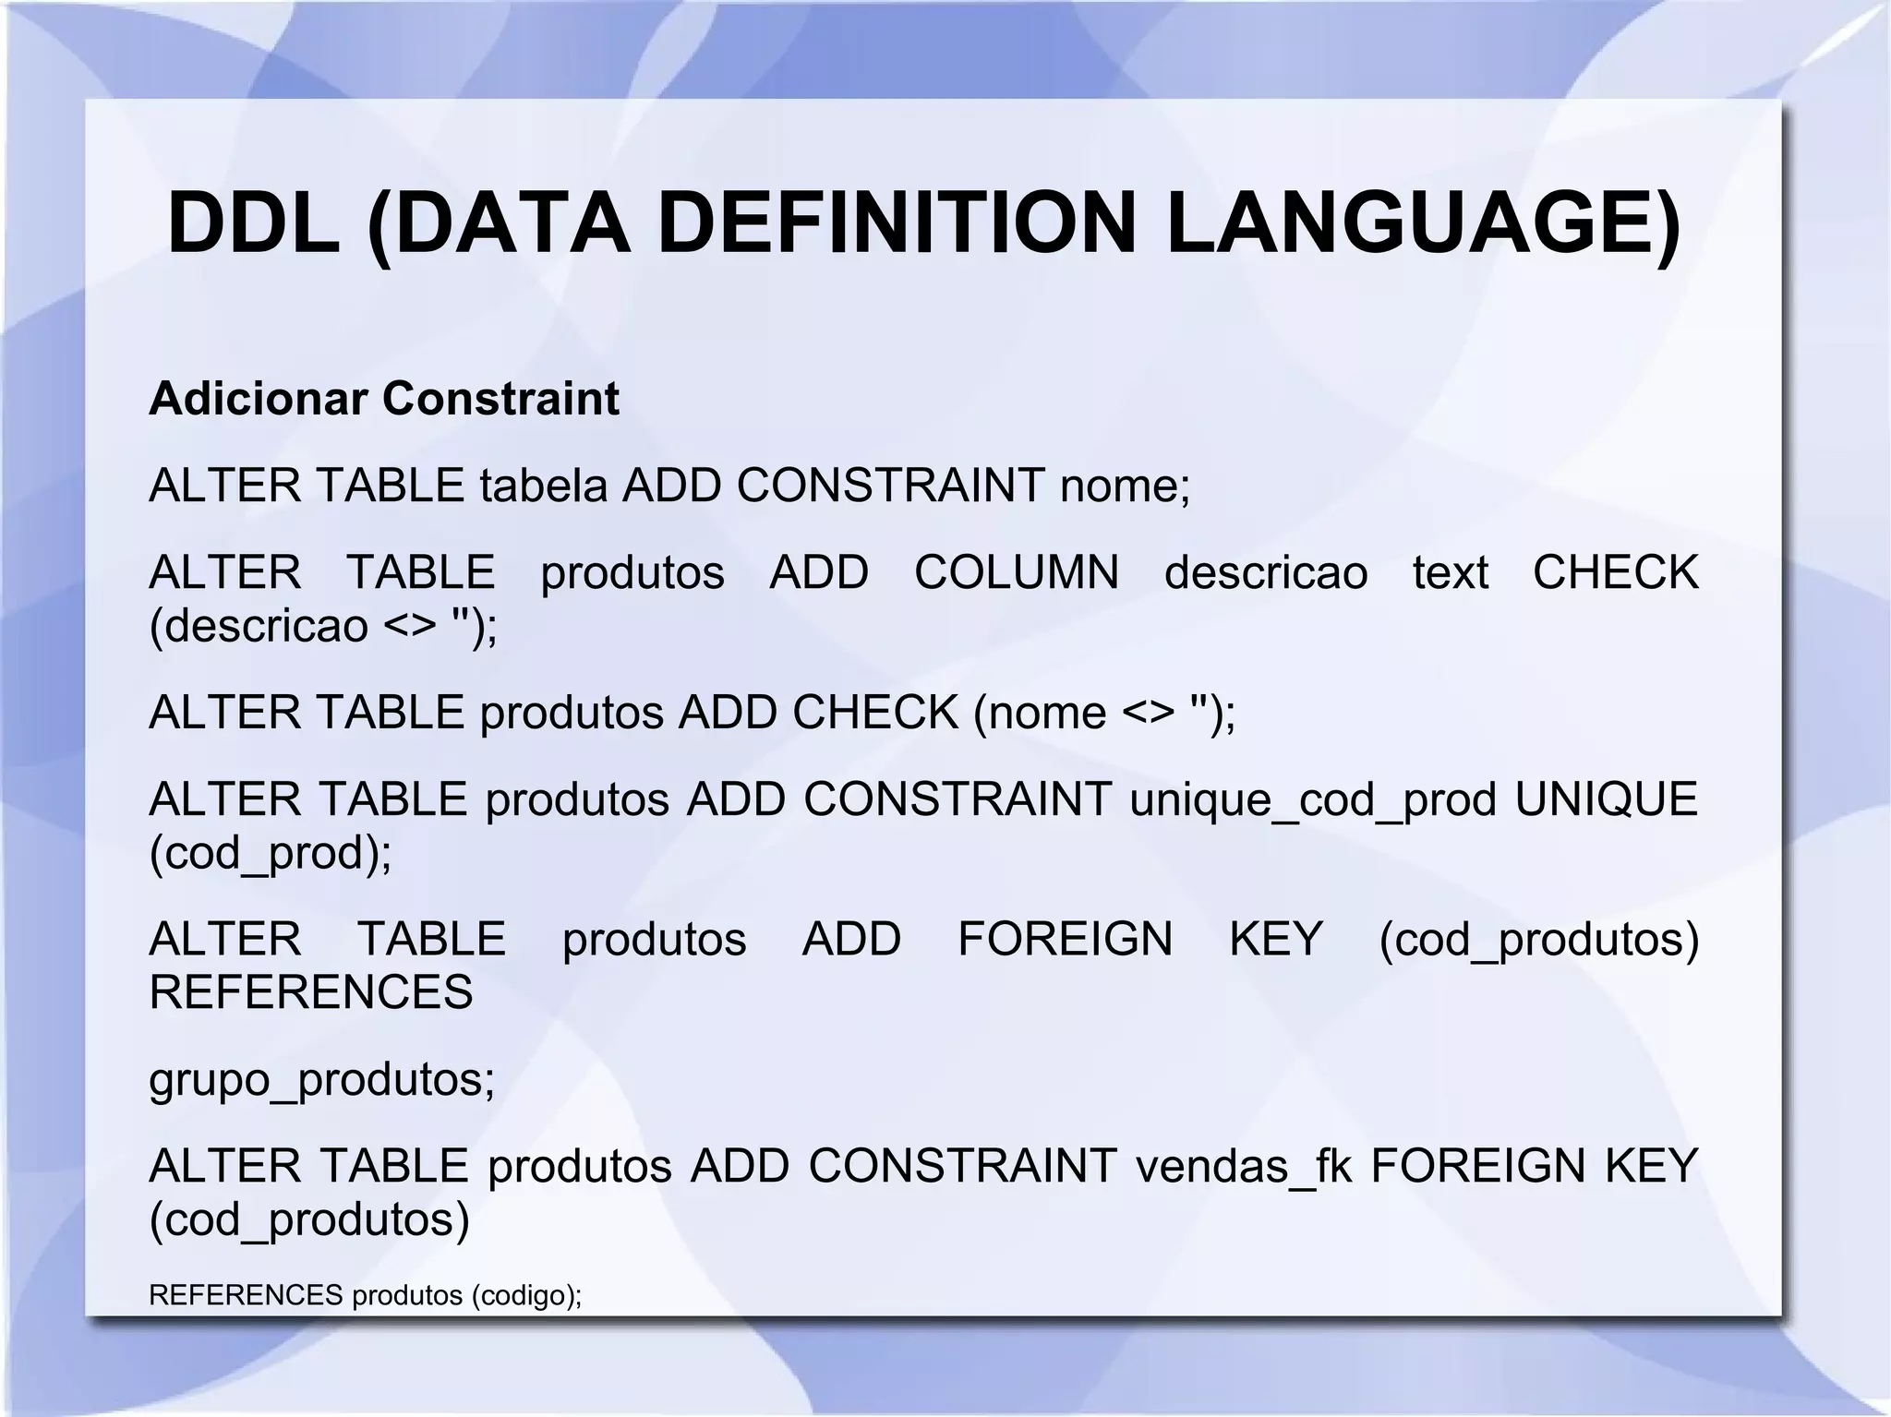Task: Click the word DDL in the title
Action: pos(253,224)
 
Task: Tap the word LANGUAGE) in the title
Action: pos(1423,224)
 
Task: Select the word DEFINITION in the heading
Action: pos(897,224)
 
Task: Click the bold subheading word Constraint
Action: pos(500,399)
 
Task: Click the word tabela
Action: pos(543,486)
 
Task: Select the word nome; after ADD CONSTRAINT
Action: pos(1126,486)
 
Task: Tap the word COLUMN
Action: pos(1017,572)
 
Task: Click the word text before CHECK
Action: pos(1450,572)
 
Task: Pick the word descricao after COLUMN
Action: pos(1266,572)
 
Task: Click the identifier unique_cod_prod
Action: pos(1313,799)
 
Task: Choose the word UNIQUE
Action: pos(1606,799)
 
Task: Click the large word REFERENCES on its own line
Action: pos(311,992)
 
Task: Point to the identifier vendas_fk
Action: pos(1244,1166)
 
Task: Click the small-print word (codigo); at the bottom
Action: pos(526,1296)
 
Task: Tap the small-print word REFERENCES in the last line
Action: pos(246,1296)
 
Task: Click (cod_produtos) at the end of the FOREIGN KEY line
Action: pos(1538,940)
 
